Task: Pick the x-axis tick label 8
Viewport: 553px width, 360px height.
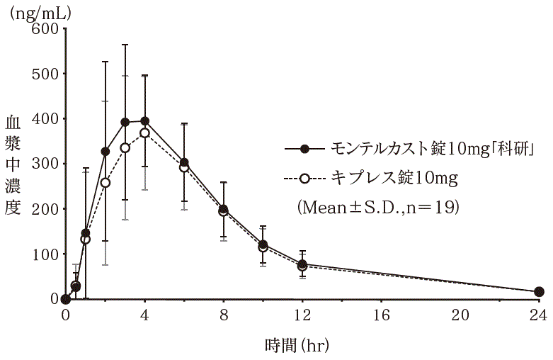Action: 224,315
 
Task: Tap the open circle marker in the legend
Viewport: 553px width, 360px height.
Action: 305,179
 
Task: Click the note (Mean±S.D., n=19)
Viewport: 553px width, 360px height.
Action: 379,208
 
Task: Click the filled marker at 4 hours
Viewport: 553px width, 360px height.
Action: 144,121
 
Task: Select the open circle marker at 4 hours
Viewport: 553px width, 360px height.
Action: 144,133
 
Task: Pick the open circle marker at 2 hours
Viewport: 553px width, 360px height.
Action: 106,183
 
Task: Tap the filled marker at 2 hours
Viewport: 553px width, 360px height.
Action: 106,152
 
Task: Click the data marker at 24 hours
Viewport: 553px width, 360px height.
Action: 538,292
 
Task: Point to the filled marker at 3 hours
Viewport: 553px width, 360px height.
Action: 125,122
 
